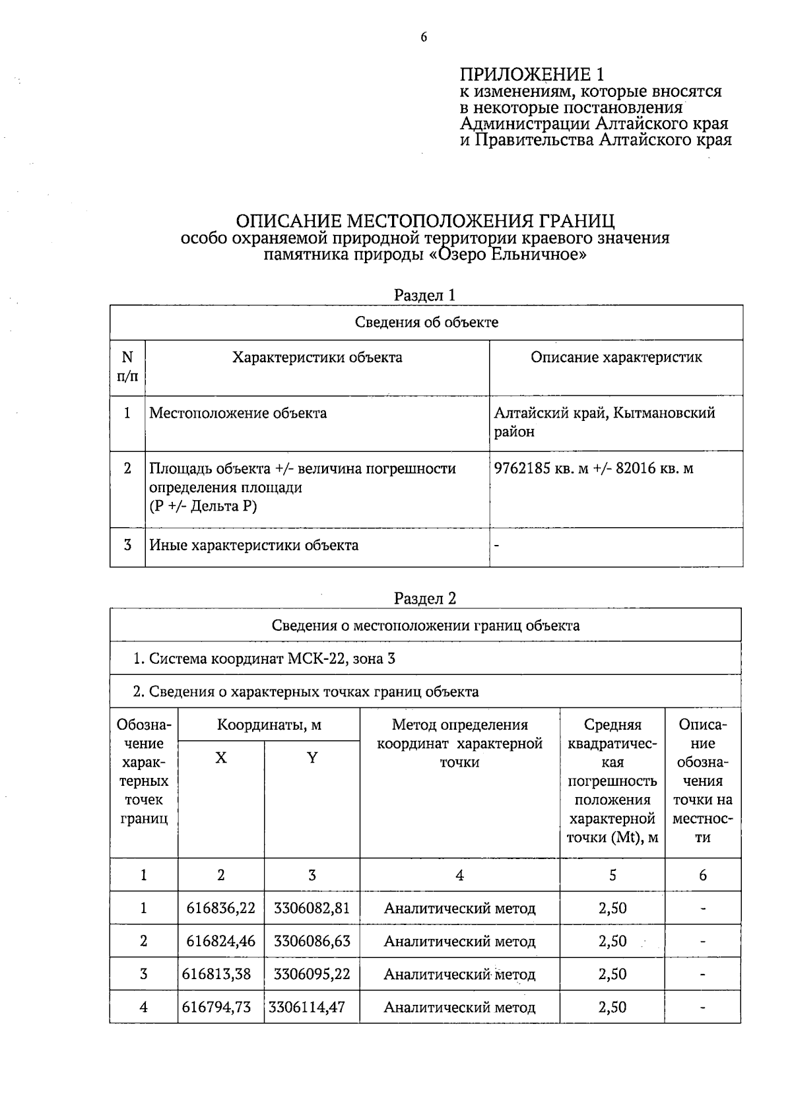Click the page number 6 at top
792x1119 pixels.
pos(424,38)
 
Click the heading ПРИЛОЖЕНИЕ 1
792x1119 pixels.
pos(532,74)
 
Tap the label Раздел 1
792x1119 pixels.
pos(425,295)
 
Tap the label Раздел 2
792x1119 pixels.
pos(425,598)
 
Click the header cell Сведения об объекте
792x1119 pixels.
pos(426,323)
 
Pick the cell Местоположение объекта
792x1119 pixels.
pos(238,414)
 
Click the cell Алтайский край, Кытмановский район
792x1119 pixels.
pos(605,422)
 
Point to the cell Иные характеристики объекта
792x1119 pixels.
pos(254,546)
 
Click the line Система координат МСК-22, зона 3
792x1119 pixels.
pos(264,658)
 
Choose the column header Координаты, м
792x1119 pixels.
pos(269,725)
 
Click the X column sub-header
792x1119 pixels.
pos(221,758)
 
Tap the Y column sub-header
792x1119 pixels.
pos(312,758)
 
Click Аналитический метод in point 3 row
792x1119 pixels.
pos(460,975)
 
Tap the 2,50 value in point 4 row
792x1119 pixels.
pos(612,1007)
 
